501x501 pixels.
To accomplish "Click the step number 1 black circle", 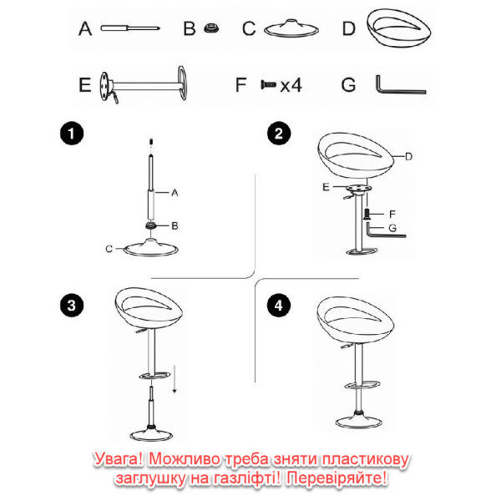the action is (72, 134).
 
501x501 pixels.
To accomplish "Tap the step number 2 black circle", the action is (279, 134).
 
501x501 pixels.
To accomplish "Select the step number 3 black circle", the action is (72, 305).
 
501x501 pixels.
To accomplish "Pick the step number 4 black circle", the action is (279, 305).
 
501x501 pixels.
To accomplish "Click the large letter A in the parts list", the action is (85, 28).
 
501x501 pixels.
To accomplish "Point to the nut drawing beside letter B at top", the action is (211, 28).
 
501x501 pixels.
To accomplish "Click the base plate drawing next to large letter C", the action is (291, 28).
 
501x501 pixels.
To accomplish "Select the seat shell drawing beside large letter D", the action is (399, 28).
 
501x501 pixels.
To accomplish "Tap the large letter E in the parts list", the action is (85, 85).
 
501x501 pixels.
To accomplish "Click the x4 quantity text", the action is (291, 85).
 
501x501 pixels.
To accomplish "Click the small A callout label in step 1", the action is (175, 193).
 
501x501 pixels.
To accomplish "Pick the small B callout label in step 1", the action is (175, 226).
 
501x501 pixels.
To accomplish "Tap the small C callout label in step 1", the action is (109, 249).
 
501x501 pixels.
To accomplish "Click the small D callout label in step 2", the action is (408, 157).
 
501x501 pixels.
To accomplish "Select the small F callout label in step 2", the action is (392, 214).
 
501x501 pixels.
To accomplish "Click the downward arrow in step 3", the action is (175, 379).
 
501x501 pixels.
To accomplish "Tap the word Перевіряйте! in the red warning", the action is (337, 478).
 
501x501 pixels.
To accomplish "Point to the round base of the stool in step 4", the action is (359, 421).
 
